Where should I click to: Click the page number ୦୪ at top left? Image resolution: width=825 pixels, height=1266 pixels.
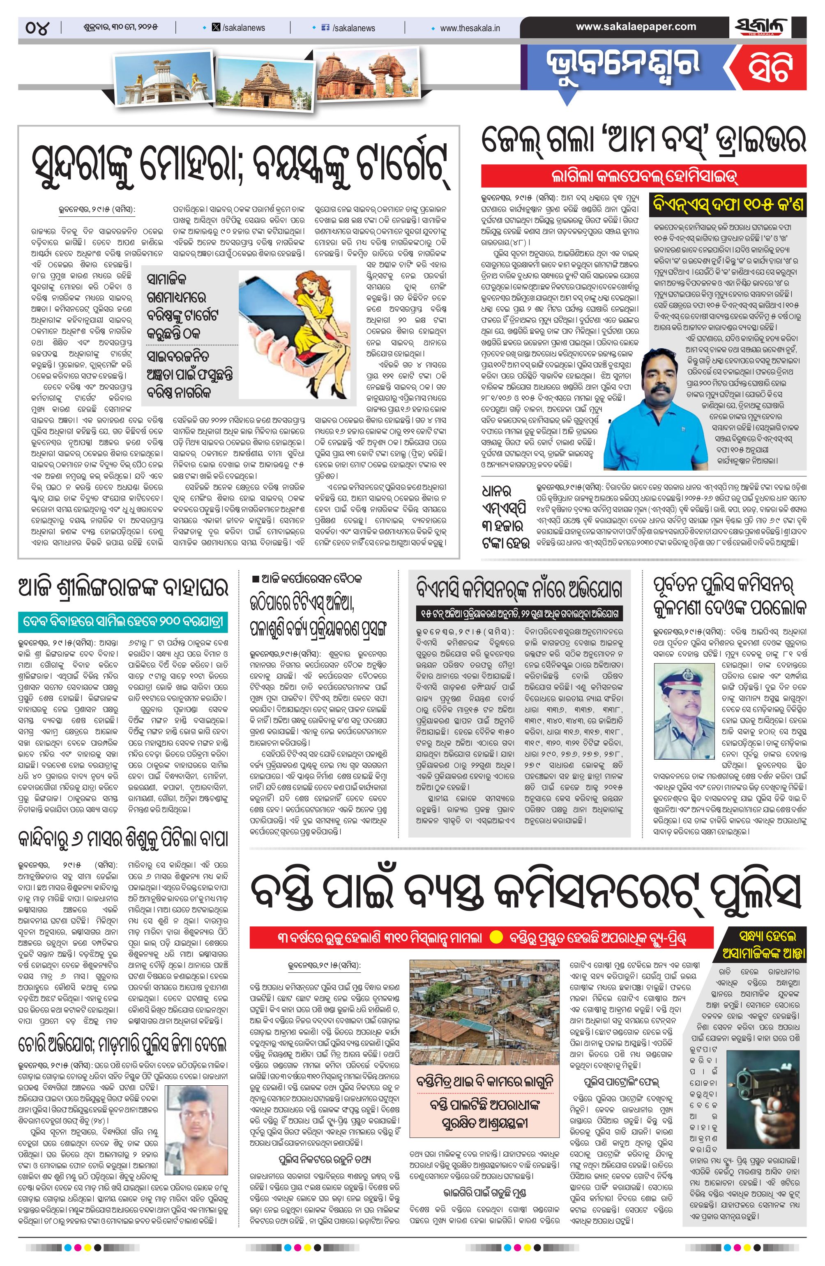36,27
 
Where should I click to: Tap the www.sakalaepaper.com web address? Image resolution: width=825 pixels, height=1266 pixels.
636,27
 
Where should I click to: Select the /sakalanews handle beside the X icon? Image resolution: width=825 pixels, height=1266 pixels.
243,28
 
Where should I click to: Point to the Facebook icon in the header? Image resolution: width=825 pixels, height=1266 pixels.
326,28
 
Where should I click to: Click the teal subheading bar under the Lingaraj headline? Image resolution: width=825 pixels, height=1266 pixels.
123,621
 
